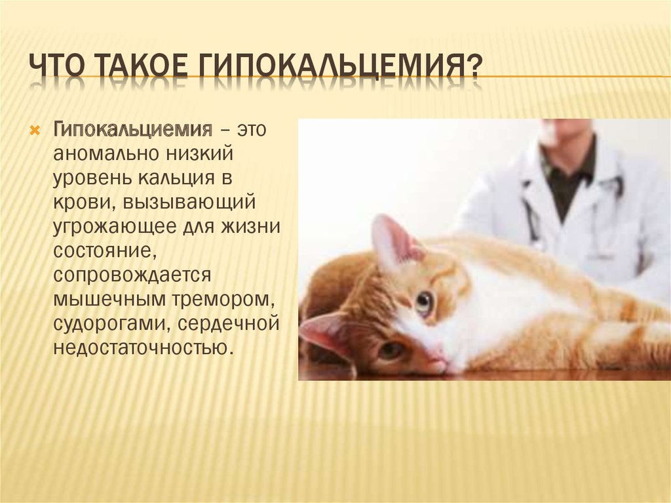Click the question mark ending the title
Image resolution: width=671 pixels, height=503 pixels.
coord(474,67)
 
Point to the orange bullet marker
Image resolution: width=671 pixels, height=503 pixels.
coord(35,130)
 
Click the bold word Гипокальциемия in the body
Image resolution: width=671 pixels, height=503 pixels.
coord(132,129)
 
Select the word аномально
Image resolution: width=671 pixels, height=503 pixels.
coord(107,153)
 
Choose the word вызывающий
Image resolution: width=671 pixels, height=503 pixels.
coord(189,203)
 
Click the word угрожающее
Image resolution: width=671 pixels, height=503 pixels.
coord(115,227)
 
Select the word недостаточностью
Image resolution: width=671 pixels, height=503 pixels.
coord(144,348)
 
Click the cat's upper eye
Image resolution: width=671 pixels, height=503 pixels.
coord(425,302)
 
